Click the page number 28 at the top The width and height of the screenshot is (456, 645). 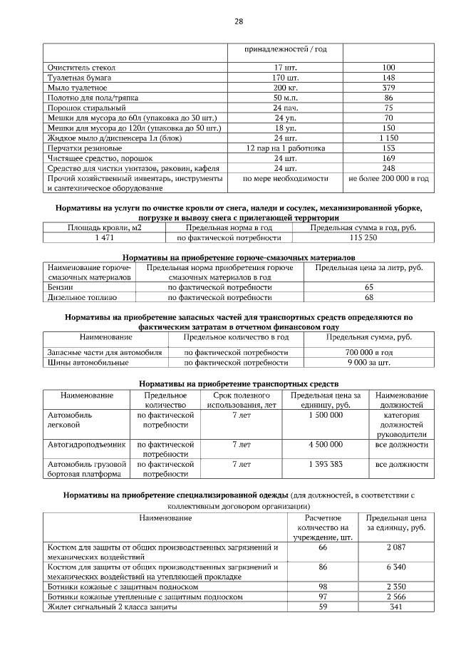click(239, 21)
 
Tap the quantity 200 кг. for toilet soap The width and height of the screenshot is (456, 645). click(285, 87)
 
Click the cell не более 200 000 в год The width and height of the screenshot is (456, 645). click(388, 178)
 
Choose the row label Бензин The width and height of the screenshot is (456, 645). click(61, 287)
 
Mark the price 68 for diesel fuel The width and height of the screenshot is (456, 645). click(369, 296)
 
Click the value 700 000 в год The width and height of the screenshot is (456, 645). click(369, 352)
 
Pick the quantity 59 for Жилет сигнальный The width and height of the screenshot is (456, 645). click(323, 607)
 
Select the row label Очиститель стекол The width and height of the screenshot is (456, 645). click(81, 67)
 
